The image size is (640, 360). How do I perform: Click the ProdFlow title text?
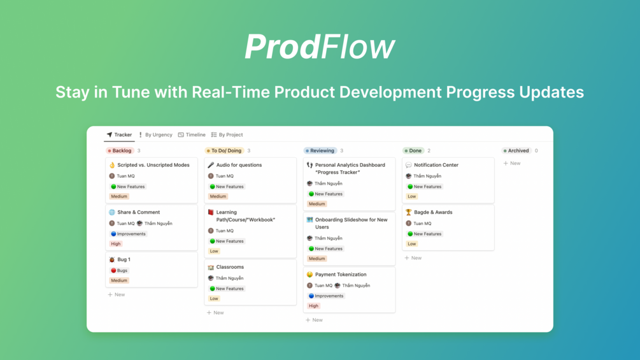[320, 47]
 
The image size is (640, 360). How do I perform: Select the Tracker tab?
[119, 134]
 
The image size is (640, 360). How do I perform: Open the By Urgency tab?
[155, 134]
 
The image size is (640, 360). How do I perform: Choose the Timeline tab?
[192, 134]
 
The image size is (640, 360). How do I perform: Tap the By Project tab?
[227, 134]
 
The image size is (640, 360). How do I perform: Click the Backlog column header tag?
[120, 150]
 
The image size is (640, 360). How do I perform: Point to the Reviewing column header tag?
[320, 150]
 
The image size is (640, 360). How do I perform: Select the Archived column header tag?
[516, 150]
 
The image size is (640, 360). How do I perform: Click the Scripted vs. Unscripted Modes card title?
[153, 165]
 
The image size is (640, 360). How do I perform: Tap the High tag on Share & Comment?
[116, 243]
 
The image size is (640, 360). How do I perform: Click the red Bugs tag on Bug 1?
[119, 271]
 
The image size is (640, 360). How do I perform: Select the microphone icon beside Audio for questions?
[211, 165]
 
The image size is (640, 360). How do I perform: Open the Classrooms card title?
[230, 267]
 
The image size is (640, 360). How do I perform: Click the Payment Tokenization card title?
[341, 274]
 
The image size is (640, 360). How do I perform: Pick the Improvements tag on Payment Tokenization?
[326, 296]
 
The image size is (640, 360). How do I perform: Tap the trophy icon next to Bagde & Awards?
[409, 212]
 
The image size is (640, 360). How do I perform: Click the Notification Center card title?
[436, 165]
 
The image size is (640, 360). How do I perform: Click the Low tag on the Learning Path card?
[214, 251]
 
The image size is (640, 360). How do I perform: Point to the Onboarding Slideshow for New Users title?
[351, 223]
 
